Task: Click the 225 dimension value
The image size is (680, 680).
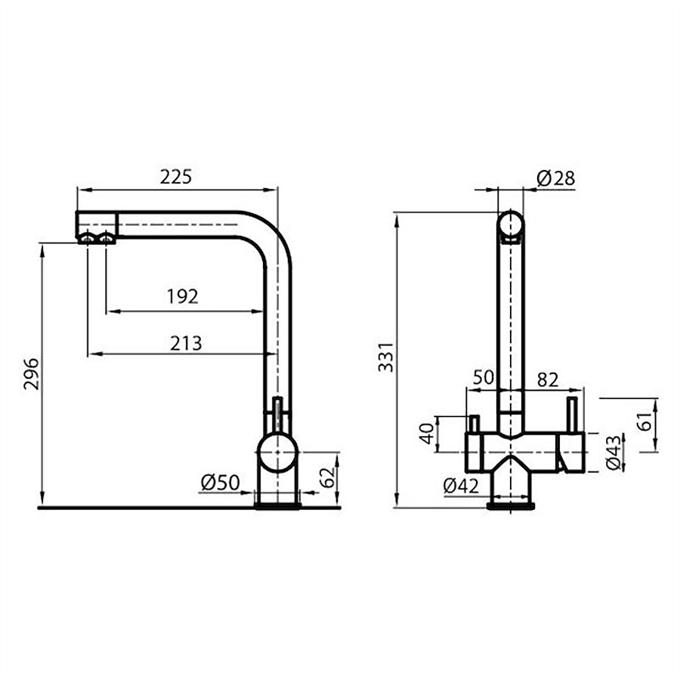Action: [176, 177]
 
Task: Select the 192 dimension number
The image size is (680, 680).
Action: [183, 297]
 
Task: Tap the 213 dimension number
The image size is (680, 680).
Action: [186, 344]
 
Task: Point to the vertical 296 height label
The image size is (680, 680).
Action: [31, 374]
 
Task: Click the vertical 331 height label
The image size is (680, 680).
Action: [385, 357]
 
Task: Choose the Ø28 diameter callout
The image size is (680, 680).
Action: [556, 178]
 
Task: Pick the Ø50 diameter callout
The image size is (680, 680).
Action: [221, 482]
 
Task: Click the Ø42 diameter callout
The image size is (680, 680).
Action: [462, 486]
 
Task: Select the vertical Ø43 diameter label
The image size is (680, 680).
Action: [614, 452]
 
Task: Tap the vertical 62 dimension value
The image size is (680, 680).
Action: [327, 477]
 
